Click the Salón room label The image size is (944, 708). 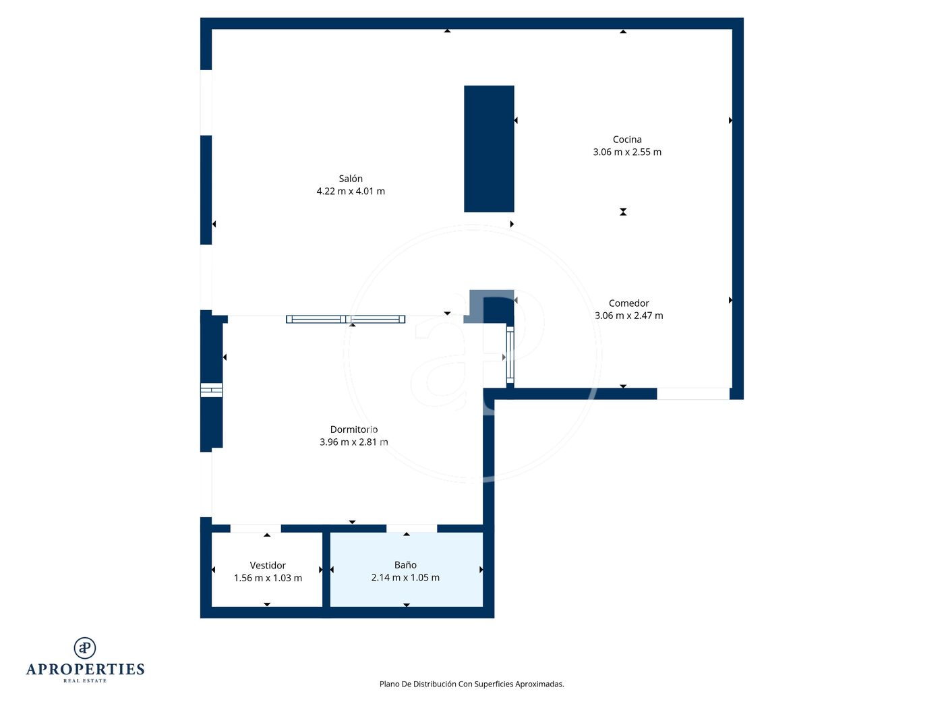click(350, 179)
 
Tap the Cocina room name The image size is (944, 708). click(626, 140)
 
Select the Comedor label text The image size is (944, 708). click(628, 303)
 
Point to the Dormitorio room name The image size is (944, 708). click(353, 429)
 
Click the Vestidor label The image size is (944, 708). click(268, 565)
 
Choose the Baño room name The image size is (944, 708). click(405, 565)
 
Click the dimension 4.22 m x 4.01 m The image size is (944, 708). click(351, 191)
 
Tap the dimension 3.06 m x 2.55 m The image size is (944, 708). click(627, 152)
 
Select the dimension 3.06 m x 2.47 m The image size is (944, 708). click(628, 316)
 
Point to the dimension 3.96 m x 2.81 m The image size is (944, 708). click(353, 442)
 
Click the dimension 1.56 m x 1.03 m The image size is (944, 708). click(268, 578)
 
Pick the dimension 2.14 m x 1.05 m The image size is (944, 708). click(405, 577)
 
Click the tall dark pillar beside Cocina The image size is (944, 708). click(489, 149)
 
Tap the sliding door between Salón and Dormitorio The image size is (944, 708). click(345, 319)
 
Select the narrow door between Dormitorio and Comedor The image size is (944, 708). click(510, 355)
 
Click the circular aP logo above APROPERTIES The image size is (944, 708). click(85, 648)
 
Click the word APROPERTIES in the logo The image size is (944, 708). click(85, 669)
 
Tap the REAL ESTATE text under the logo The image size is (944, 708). click(85, 681)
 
